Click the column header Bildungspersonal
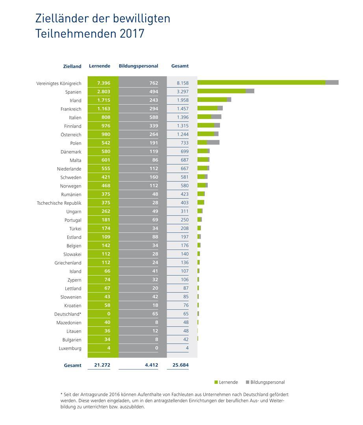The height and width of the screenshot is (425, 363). [x=138, y=66]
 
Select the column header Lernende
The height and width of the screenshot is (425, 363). [x=100, y=66]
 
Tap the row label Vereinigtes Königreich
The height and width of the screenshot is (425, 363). [x=59, y=84]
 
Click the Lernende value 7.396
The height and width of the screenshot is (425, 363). [x=104, y=83]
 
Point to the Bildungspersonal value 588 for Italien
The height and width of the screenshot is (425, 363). [x=154, y=117]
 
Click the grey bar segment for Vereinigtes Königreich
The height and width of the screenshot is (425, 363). [x=332, y=82]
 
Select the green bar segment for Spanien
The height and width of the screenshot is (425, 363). [x=221, y=91]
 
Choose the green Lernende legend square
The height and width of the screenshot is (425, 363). [x=216, y=382]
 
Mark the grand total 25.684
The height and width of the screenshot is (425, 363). [x=180, y=365]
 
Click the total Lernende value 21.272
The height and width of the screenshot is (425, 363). [x=102, y=365]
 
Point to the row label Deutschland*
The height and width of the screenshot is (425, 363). [x=68, y=314]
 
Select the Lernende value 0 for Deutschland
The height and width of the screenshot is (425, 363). [x=109, y=314]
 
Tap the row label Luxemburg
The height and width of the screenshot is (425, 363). [x=70, y=349]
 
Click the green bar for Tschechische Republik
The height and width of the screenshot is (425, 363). [x=200, y=202]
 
